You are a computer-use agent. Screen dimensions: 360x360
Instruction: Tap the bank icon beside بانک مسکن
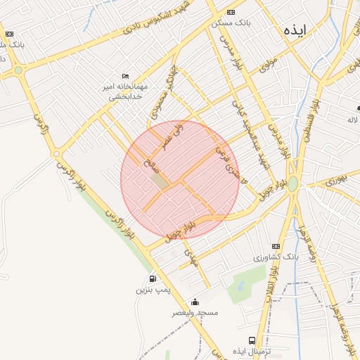point(231,13)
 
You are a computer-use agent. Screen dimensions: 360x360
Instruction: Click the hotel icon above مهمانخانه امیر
point(126,76)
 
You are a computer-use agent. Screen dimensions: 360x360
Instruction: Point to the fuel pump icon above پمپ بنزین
point(153,279)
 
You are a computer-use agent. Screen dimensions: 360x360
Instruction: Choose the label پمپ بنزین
point(153,290)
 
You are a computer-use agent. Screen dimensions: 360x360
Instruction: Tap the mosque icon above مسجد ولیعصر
point(195,302)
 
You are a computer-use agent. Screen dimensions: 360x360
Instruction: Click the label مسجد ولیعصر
point(195,312)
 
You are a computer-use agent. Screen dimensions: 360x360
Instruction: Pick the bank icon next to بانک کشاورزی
point(276,246)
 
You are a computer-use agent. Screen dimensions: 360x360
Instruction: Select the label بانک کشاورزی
point(276,257)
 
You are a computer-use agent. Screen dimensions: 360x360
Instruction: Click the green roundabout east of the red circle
point(292,184)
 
